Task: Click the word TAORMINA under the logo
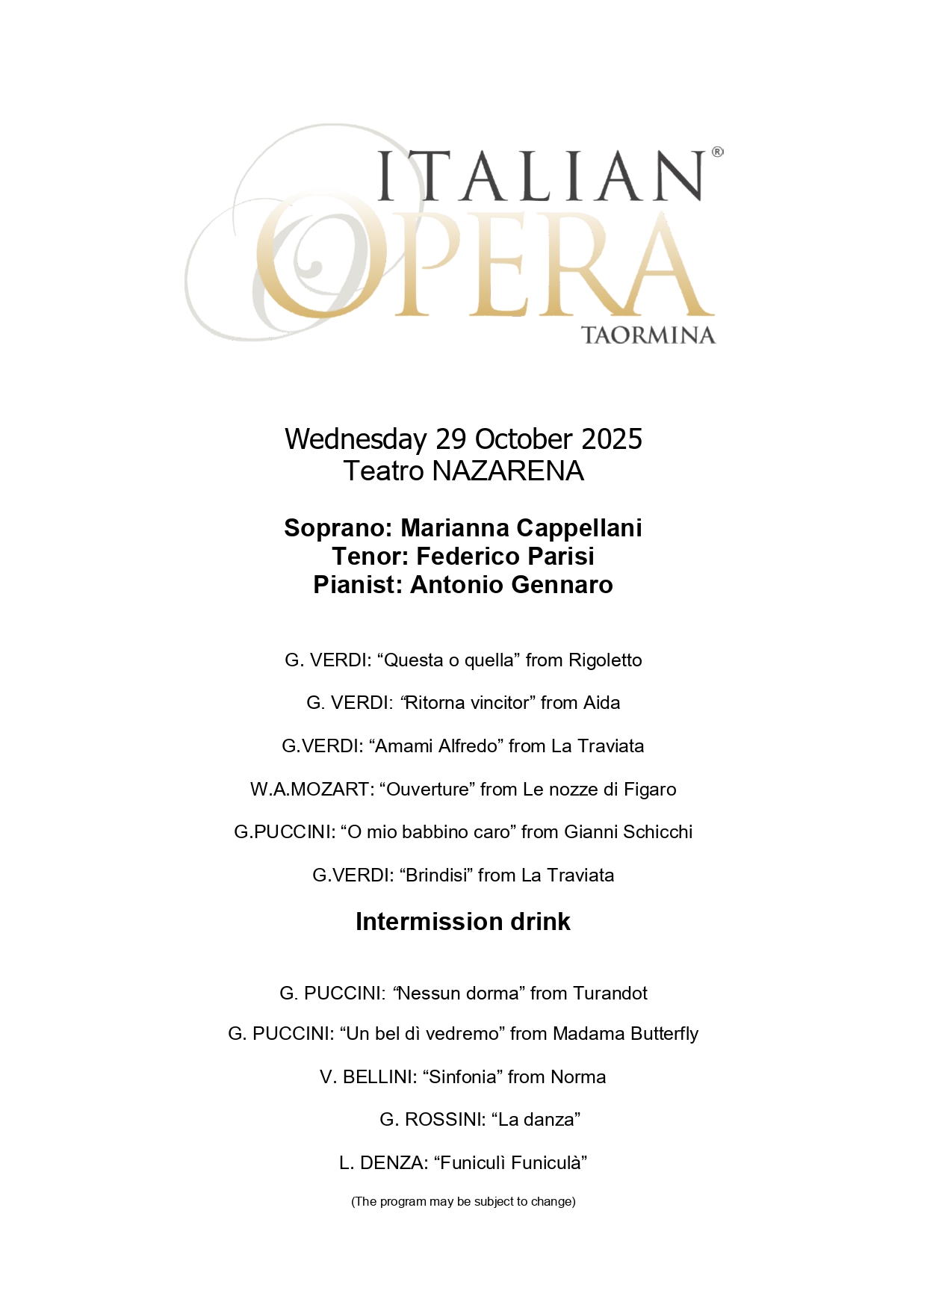point(648,335)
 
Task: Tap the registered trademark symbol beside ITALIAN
point(717,152)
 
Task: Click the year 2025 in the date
point(611,439)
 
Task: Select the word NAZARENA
point(508,471)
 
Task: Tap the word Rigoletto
point(605,660)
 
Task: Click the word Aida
point(602,703)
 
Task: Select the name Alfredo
point(468,746)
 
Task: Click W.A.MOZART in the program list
point(311,790)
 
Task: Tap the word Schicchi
point(657,832)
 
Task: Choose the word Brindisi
point(435,875)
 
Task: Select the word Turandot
point(610,994)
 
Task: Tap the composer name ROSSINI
point(444,1120)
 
